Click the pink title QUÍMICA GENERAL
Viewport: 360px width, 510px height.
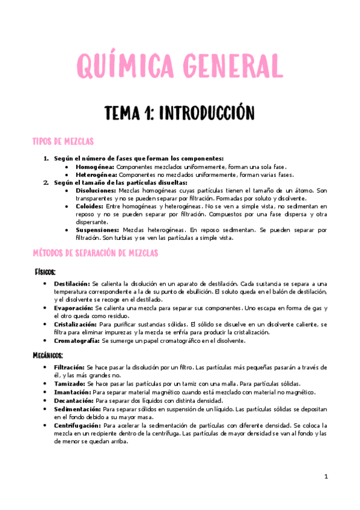[x=178, y=65]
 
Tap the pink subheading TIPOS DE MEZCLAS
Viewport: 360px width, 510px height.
[x=63, y=142]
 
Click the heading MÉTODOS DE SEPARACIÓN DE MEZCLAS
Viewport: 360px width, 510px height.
[x=95, y=253]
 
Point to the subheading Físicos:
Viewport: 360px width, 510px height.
[x=45, y=272]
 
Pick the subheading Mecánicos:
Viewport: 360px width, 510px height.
[x=48, y=355]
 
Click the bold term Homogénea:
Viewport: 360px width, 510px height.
[x=95, y=167]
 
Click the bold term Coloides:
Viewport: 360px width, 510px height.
[x=89, y=206]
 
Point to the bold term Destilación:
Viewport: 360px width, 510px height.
[x=72, y=283]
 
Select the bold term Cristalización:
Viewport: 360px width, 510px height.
[x=75, y=324]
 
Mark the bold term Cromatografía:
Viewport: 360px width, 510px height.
[x=77, y=340]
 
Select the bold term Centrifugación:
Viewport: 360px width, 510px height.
[x=77, y=425]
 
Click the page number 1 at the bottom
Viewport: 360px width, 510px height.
[x=326, y=477]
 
